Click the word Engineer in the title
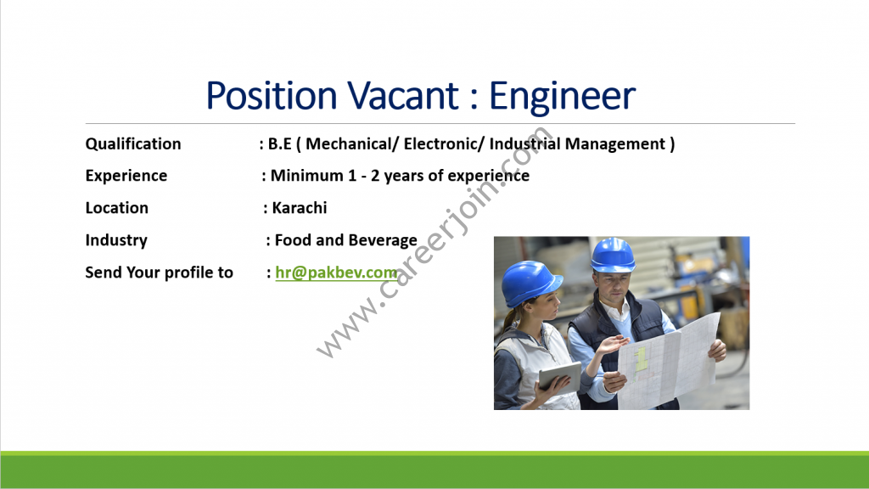(562, 97)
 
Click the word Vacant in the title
(403, 95)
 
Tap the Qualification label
(133, 143)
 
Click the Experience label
(126, 176)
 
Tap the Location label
(117, 207)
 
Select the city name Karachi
(300, 207)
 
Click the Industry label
(116, 240)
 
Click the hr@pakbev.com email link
(336, 273)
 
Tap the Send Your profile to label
(159, 273)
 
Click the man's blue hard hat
(613, 255)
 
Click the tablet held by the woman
(560, 376)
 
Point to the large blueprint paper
(668, 363)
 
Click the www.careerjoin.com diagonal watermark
(434, 242)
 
